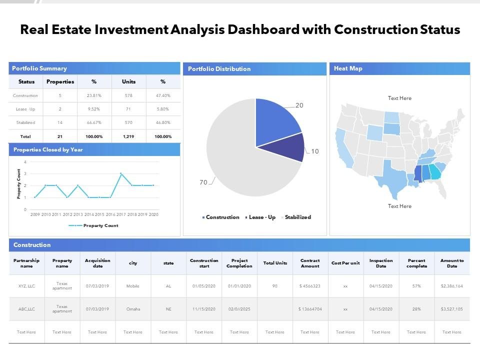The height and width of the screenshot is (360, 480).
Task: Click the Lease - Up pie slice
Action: [293, 147]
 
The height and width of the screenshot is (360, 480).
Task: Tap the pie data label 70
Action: [203, 182]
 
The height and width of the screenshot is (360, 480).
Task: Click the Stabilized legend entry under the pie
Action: [297, 217]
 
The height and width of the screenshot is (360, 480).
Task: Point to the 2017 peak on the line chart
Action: [121, 173]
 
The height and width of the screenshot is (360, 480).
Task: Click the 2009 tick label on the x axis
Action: [35, 214]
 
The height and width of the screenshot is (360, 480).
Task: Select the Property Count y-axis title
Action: [19, 184]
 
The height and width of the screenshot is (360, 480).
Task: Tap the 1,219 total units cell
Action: [128, 136]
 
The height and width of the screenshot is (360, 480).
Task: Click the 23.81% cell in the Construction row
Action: [94, 95]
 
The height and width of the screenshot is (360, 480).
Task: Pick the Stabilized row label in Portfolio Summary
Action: [25, 122]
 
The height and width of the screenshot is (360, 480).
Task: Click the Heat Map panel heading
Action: [348, 68]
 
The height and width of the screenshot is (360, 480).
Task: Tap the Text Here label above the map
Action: [399, 98]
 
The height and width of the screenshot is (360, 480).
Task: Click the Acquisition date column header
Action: [97, 263]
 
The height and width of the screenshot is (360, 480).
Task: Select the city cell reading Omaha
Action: [133, 309]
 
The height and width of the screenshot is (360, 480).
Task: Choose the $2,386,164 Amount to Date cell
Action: [452, 286]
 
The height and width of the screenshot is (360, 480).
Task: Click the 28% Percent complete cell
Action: [416, 309]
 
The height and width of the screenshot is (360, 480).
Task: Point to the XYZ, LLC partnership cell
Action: [26, 286]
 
